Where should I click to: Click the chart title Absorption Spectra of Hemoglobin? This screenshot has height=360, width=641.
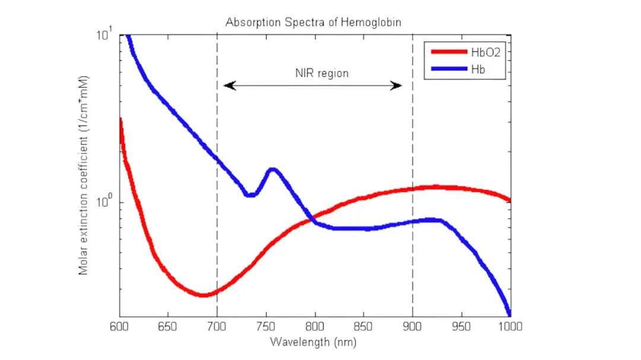313,23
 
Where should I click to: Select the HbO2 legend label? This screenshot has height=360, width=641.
485,52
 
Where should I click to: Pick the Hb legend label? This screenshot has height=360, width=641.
478,69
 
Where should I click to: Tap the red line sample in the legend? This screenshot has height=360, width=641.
449,52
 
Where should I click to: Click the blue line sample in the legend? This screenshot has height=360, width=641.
449,69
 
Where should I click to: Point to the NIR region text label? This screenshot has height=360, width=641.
322,74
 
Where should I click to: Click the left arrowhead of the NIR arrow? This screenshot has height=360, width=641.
227,86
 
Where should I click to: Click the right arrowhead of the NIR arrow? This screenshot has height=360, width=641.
399,86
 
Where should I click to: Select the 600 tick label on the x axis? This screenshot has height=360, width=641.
119,327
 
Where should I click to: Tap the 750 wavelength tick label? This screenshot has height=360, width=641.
266,327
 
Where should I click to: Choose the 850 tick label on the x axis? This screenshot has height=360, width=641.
363,327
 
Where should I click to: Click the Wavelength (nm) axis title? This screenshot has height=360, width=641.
313,342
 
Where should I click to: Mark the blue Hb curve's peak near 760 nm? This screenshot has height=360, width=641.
272,170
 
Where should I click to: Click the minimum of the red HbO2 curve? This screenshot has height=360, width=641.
203,294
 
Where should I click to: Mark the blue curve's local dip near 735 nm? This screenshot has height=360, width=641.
250,194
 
